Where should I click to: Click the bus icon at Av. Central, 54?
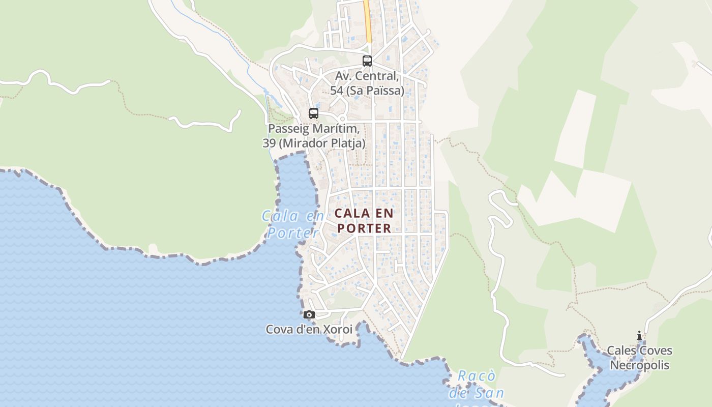pyautogui.click(x=367, y=61)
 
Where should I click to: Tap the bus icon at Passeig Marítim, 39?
pyautogui.click(x=314, y=113)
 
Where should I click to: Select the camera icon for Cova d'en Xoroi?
pyautogui.click(x=309, y=315)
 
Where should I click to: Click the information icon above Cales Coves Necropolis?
pyautogui.click(x=639, y=336)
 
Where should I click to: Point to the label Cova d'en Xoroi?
pyautogui.click(x=309, y=330)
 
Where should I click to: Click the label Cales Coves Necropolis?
pyautogui.click(x=639, y=358)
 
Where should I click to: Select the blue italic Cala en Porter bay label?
pyautogui.click(x=293, y=224)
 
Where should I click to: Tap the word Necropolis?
pyautogui.click(x=639, y=365)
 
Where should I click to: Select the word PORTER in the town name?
pyautogui.click(x=364, y=228)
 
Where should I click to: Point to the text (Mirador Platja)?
pyautogui.click(x=321, y=143)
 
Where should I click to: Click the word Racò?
pyautogui.click(x=476, y=376)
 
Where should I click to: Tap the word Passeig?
pyautogui.click(x=288, y=129)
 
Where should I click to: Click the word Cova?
pyautogui.click(x=279, y=330)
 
